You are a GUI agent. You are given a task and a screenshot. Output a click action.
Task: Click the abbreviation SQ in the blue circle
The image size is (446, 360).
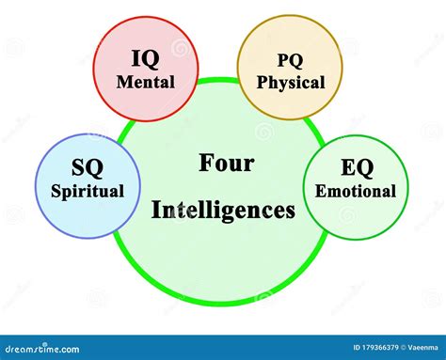click(x=87, y=167)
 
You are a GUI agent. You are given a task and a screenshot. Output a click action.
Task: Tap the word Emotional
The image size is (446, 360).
click(x=356, y=191)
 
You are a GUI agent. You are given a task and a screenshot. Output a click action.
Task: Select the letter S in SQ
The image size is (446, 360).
click(x=78, y=167)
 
